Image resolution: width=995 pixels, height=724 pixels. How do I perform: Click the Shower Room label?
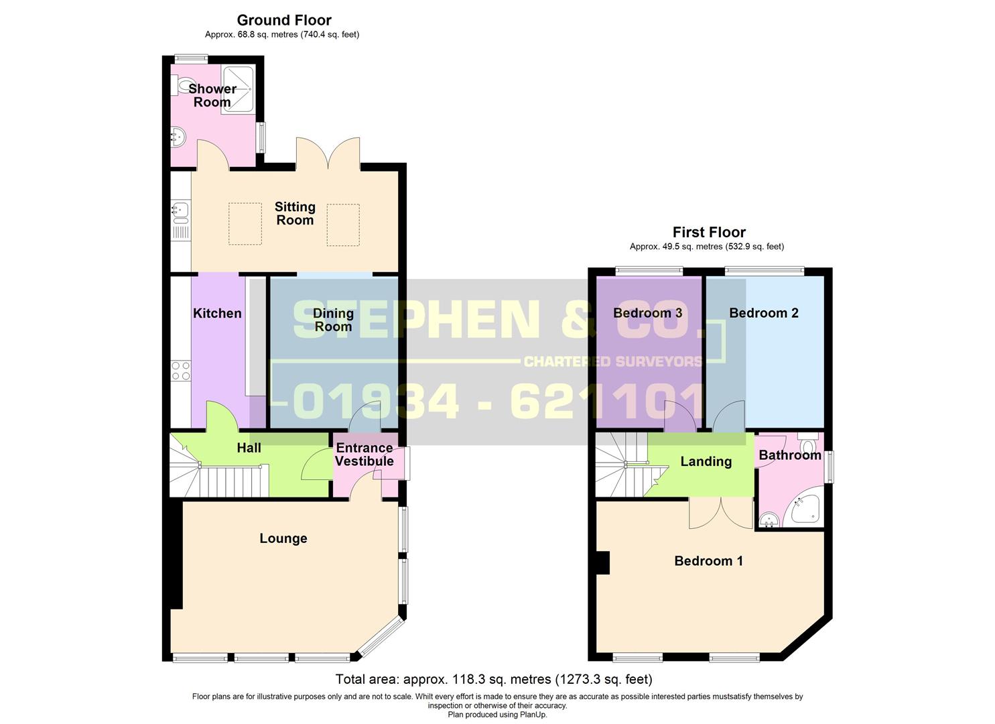coord(212,95)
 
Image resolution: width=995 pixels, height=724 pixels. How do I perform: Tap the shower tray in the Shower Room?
coord(237,89)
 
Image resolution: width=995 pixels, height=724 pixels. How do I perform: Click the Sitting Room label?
coord(295,213)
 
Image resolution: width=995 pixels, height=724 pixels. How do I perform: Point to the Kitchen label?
coord(217,313)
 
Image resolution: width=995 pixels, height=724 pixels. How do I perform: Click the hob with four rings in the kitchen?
coord(181,371)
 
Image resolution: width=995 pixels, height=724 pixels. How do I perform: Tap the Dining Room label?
coord(333,320)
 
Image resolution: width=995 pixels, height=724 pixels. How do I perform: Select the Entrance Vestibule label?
coord(364,455)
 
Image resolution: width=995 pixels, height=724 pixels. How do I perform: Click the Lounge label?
coord(283,538)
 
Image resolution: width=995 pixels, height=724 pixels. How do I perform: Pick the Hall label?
coord(249,448)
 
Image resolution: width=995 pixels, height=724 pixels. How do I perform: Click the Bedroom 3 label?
coord(647,313)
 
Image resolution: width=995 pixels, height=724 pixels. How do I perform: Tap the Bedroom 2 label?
coord(764,313)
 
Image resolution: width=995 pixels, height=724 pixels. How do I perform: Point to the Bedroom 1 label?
coord(708,561)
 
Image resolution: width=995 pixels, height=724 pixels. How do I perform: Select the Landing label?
coord(706,461)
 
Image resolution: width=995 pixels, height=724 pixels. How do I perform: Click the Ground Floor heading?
coord(284,20)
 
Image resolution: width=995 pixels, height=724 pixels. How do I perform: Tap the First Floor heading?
coord(709,233)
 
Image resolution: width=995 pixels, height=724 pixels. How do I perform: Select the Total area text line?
coord(493,679)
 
